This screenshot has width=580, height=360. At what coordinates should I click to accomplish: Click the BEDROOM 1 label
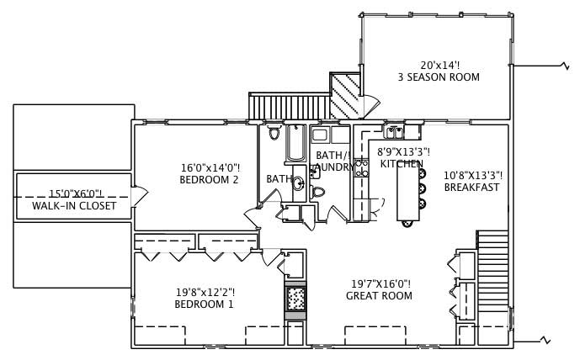pyautogui.click(x=205, y=304)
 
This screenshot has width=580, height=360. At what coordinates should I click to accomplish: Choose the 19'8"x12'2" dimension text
pyautogui.click(x=205, y=292)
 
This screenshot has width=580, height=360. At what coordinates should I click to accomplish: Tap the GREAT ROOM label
pyautogui.click(x=379, y=296)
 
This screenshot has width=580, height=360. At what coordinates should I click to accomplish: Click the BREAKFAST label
pyautogui.click(x=471, y=188)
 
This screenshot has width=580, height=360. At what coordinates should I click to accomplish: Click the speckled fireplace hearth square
pyautogui.click(x=295, y=299)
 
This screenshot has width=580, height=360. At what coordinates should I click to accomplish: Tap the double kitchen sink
pyautogui.click(x=394, y=131)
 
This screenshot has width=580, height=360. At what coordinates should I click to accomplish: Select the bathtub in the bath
pyautogui.click(x=295, y=144)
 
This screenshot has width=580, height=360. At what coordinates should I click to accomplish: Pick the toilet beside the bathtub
pyautogui.click(x=274, y=134)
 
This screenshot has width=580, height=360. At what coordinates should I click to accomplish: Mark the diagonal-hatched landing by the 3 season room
pyautogui.click(x=344, y=95)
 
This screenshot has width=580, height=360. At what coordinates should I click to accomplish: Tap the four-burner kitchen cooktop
pyautogui.click(x=362, y=168)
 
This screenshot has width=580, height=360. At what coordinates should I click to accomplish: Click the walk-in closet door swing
pyautogui.click(x=141, y=195)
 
